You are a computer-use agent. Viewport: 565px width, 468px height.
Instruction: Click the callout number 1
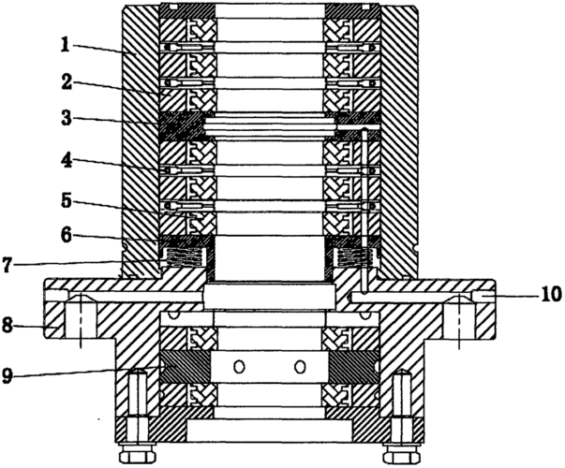pyautogui.click(x=65, y=45)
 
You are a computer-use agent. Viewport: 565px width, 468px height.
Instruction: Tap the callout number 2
pyautogui.click(x=67, y=82)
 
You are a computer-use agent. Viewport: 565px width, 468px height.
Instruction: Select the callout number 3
pyautogui.click(x=66, y=119)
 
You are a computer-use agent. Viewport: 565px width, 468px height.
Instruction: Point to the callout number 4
pyautogui.click(x=66, y=162)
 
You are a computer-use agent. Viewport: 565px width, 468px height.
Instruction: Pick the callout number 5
pyautogui.click(x=66, y=201)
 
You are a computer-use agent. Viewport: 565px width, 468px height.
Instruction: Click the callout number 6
pyautogui.click(x=66, y=237)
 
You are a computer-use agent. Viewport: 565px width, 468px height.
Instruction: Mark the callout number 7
pyautogui.click(x=7, y=265)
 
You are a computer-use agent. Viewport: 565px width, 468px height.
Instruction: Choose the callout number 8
pyautogui.click(x=7, y=327)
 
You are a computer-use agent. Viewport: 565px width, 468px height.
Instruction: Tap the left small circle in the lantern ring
pyautogui.click(x=239, y=367)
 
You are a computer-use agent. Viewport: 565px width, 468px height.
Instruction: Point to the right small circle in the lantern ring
pyautogui.click(x=300, y=367)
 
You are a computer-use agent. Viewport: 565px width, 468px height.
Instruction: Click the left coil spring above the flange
pyautogui.click(x=184, y=257)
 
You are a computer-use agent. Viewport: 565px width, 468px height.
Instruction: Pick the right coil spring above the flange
pyautogui.click(x=355, y=257)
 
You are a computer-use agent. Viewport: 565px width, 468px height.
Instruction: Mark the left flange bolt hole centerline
pyautogui.click(x=81, y=320)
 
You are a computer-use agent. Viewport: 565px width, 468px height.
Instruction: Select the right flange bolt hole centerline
pyautogui.click(x=459, y=320)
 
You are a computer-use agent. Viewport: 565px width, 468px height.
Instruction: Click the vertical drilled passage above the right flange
pyautogui.click(x=364, y=212)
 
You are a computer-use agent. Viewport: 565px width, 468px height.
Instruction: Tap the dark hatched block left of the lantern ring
pyautogui.click(x=186, y=367)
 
